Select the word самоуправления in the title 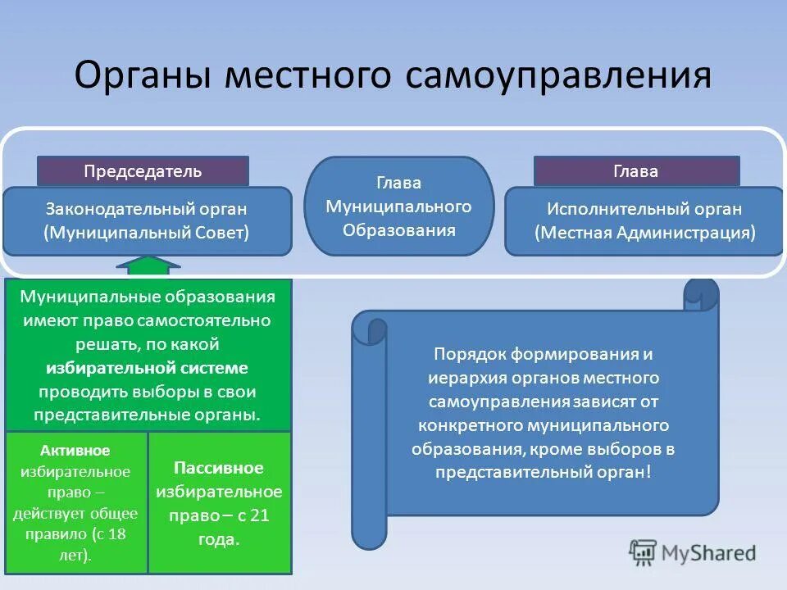(x=557, y=76)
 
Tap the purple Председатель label (x=143, y=171)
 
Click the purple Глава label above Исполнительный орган (x=636, y=171)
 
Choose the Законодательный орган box (x=147, y=221)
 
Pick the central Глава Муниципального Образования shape (x=399, y=206)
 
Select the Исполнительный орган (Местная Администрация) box (x=644, y=221)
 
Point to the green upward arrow (x=148, y=265)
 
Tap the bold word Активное (x=75, y=451)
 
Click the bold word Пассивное (x=219, y=468)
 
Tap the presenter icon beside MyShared (x=644, y=552)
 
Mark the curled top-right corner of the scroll (x=700, y=295)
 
